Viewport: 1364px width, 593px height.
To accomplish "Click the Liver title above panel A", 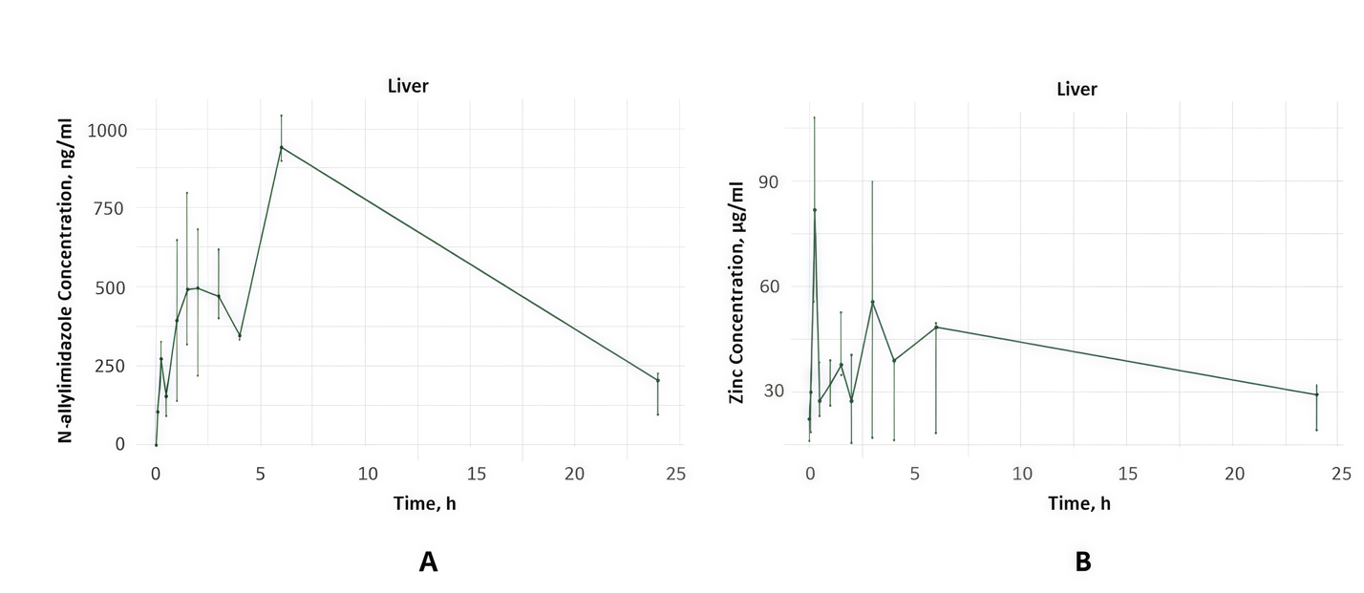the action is pyautogui.click(x=408, y=86).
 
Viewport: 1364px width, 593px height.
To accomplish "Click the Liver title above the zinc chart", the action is pyautogui.click(x=1076, y=90).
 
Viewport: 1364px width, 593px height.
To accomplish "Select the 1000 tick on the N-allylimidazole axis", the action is pyautogui.click(x=107, y=130).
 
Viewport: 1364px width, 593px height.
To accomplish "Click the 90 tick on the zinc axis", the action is pyautogui.click(x=768, y=181).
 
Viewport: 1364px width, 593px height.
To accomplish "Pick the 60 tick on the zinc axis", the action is pyautogui.click(x=769, y=286).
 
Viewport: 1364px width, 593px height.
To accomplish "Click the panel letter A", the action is pyautogui.click(x=428, y=561).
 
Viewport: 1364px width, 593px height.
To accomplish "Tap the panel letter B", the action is pyautogui.click(x=1082, y=561).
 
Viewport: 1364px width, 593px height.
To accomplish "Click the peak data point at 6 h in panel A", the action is pyautogui.click(x=282, y=147).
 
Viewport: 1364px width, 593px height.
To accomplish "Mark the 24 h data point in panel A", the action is pyautogui.click(x=657, y=380).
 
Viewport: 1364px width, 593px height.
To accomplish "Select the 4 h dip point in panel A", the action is pyautogui.click(x=240, y=335).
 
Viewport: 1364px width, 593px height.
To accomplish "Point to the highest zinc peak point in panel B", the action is pyautogui.click(x=814, y=210).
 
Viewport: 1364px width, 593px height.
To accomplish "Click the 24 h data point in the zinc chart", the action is pyautogui.click(x=1316, y=394).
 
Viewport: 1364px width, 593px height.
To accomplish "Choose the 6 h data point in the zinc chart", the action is pyautogui.click(x=936, y=328).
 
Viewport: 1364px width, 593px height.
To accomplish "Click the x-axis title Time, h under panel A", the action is pyautogui.click(x=424, y=503).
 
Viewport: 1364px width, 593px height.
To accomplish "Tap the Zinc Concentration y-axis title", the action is pyautogui.click(x=736, y=292).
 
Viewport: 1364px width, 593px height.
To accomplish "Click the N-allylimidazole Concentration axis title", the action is pyautogui.click(x=66, y=280).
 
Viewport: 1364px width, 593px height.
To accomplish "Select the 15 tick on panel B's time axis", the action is pyautogui.click(x=1128, y=474).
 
